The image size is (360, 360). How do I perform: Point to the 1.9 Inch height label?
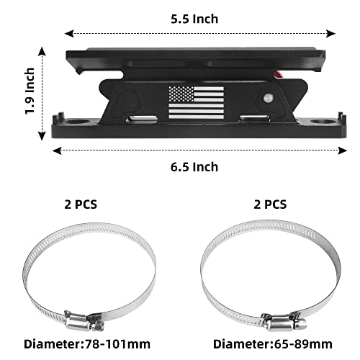(x=29, y=93)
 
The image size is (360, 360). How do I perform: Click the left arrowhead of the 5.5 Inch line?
(x=68, y=33)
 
